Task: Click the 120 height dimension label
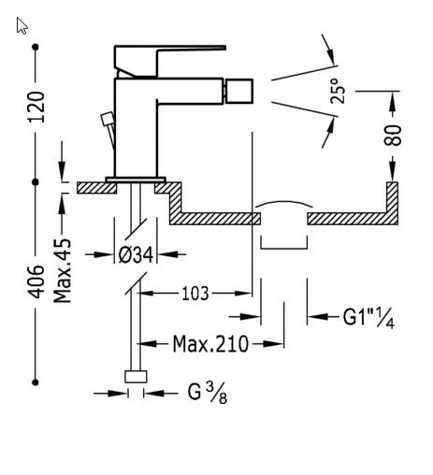[36, 107]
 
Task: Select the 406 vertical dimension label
[36, 281]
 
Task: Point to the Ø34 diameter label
[136, 253]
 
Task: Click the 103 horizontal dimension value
[194, 294]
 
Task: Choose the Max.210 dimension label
[210, 344]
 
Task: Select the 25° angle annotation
[339, 91]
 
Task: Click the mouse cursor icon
[22, 25]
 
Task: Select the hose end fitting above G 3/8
[137, 377]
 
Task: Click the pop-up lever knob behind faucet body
[107, 119]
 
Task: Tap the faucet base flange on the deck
[136, 179]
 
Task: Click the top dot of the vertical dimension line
[36, 47]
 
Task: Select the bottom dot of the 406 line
[36, 381]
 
